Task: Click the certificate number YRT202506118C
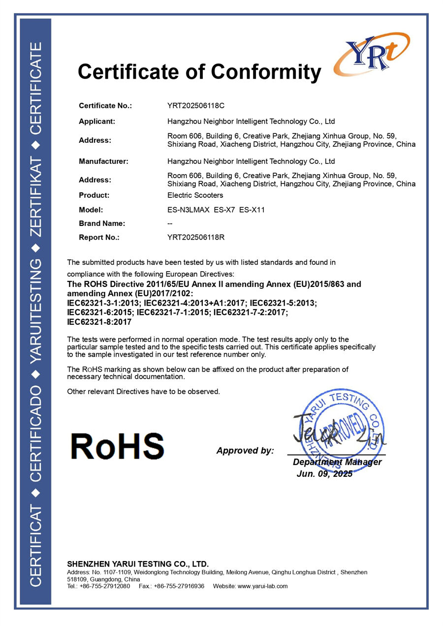click(196, 105)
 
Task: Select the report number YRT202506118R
click(196, 237)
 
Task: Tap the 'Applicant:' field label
click(97, 121)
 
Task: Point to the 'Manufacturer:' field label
click(103, 161)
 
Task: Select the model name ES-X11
click(252, 210)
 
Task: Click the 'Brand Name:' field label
click(102, 223)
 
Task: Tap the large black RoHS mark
click(117, 446)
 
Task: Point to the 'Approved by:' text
click(245, 451)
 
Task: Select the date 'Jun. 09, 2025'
click(324, 474)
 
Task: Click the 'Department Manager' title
click(337, 462)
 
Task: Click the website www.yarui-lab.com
click(262, 586)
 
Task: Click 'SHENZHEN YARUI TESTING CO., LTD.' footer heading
click(138, 564)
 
